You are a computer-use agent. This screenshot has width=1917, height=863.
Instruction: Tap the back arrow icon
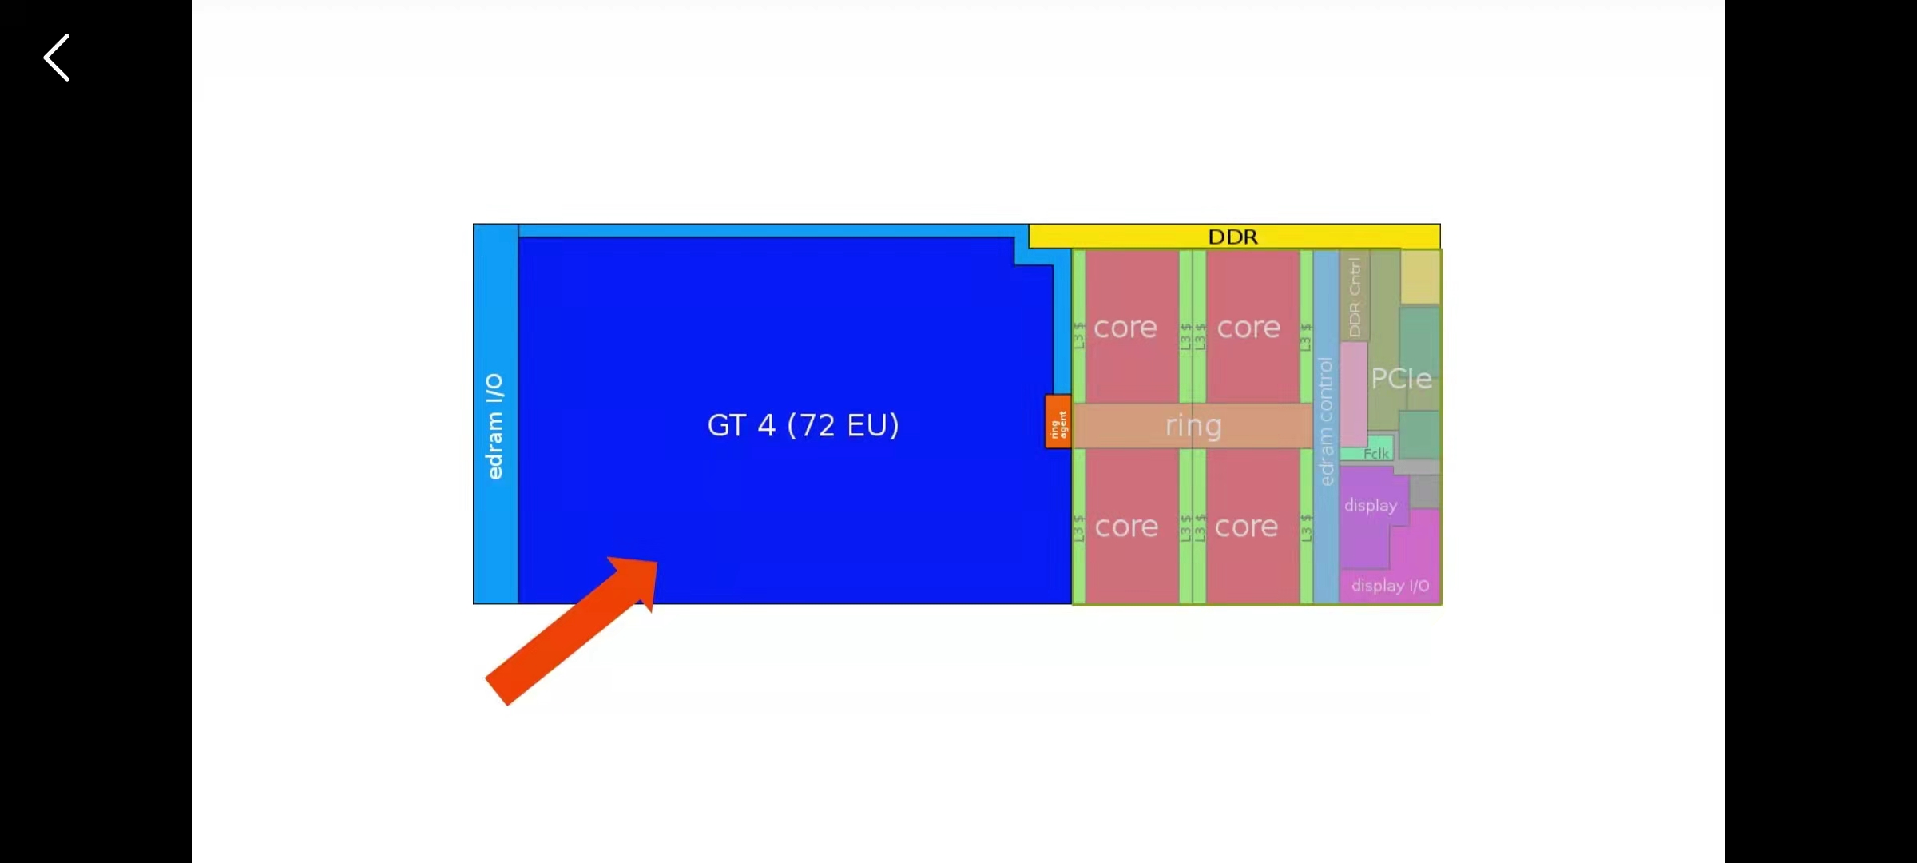pyautogui.click(x=57, y=58)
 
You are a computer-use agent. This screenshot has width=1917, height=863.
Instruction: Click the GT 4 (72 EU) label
pyautogui.click(x=803, y=425)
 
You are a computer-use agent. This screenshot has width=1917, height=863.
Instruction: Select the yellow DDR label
pyautogui.click(x=1232, y=237)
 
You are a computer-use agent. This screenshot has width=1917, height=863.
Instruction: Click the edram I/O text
pyautogui.click(x=495, y=426)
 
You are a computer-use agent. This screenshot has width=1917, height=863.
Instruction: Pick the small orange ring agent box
pyautogui.click(x=1058, y=422)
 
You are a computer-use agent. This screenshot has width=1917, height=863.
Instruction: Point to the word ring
pyautogui.click(x=1193, y=425)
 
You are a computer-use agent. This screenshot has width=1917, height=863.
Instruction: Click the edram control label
pyautogui.click(x=1326, y=421)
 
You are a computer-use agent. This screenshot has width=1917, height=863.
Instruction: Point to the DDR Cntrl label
pyautogui.click(x=1355, y=296)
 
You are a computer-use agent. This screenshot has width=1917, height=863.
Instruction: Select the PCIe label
pyautogui.click(x=1401, y=378)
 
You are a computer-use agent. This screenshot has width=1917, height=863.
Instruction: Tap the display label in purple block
pyautogui.click(x=1371, y=505)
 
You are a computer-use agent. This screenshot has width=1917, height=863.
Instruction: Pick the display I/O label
pyautogui.click(x=1390, y=585)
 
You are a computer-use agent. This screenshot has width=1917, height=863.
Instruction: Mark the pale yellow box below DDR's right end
pyautogui.click(x=1420, y=276)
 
